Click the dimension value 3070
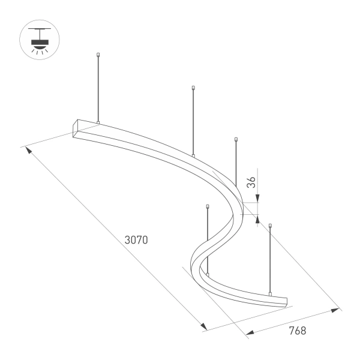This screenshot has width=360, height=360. pyautogui.click(x=136, y=239)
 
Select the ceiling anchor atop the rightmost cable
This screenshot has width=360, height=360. pyautogui.click(x=271, y=226)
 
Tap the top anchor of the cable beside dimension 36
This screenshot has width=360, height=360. pyautogui.click(x=236, y=140)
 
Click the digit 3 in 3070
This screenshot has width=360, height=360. pyautogui.click(x=127, y=239)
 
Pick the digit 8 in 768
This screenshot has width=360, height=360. pyautogui.click(x=303, y=331)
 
